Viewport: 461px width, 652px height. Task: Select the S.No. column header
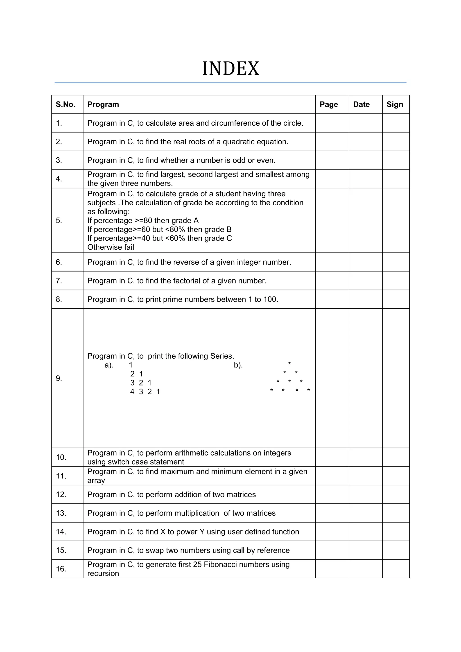click(66, 104)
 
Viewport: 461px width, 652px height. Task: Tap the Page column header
click(329, 104)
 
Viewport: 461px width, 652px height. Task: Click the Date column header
click(361, 104)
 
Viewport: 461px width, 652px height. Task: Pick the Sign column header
click(395, 104)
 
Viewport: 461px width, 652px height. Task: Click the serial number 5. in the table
click(59, 221)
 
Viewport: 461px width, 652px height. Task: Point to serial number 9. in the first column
click(59, 378)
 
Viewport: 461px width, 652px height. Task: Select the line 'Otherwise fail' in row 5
click(111, 247)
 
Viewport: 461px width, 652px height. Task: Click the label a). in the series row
click(109, 365)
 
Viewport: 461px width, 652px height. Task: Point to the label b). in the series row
click(238, 365)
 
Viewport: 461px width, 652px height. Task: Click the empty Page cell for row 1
click(332, 123)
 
